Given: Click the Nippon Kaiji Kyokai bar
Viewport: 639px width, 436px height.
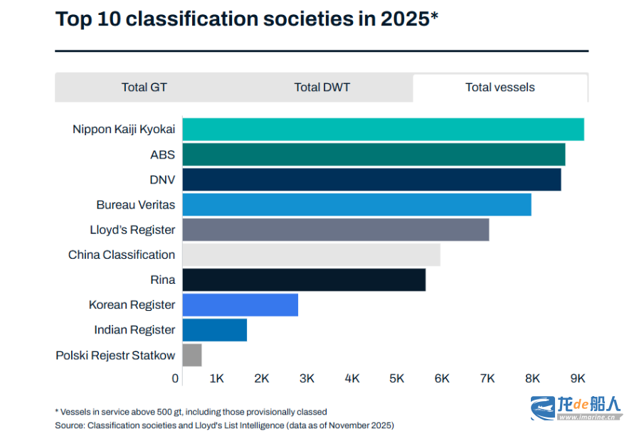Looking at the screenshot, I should click(383, 129).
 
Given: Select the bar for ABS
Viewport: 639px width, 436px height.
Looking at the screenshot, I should click(374, 154).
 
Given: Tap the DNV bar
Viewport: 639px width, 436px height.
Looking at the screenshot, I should click(371, 179).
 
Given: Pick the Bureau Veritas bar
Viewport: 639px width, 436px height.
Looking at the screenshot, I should click(357, 205).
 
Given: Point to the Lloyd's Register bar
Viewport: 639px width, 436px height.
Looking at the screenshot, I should click(335, 230).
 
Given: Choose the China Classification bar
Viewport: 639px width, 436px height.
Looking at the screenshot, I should click(311, 255).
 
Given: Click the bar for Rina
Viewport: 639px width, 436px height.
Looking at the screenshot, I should click(304, 280).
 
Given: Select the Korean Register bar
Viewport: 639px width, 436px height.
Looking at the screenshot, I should click(240, 304).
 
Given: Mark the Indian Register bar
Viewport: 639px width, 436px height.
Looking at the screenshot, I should click(214, 330).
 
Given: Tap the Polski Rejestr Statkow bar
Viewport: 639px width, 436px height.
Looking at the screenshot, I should click(192, 355).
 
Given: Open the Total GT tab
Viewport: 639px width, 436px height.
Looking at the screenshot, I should click(144, 87).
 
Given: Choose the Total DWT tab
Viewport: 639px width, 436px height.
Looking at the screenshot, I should click(322, 87).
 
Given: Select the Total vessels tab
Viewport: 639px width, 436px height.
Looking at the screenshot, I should click(500, 87).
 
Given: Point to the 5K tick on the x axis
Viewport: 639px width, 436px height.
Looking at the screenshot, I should click(397, 378).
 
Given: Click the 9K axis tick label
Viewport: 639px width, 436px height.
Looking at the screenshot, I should click(578, 378).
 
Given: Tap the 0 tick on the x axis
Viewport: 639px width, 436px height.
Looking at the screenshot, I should click(176, 378).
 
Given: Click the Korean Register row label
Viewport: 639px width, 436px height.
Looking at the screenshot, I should click(132, 304).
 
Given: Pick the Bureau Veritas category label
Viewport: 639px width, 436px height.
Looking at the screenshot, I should click(135, 205).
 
